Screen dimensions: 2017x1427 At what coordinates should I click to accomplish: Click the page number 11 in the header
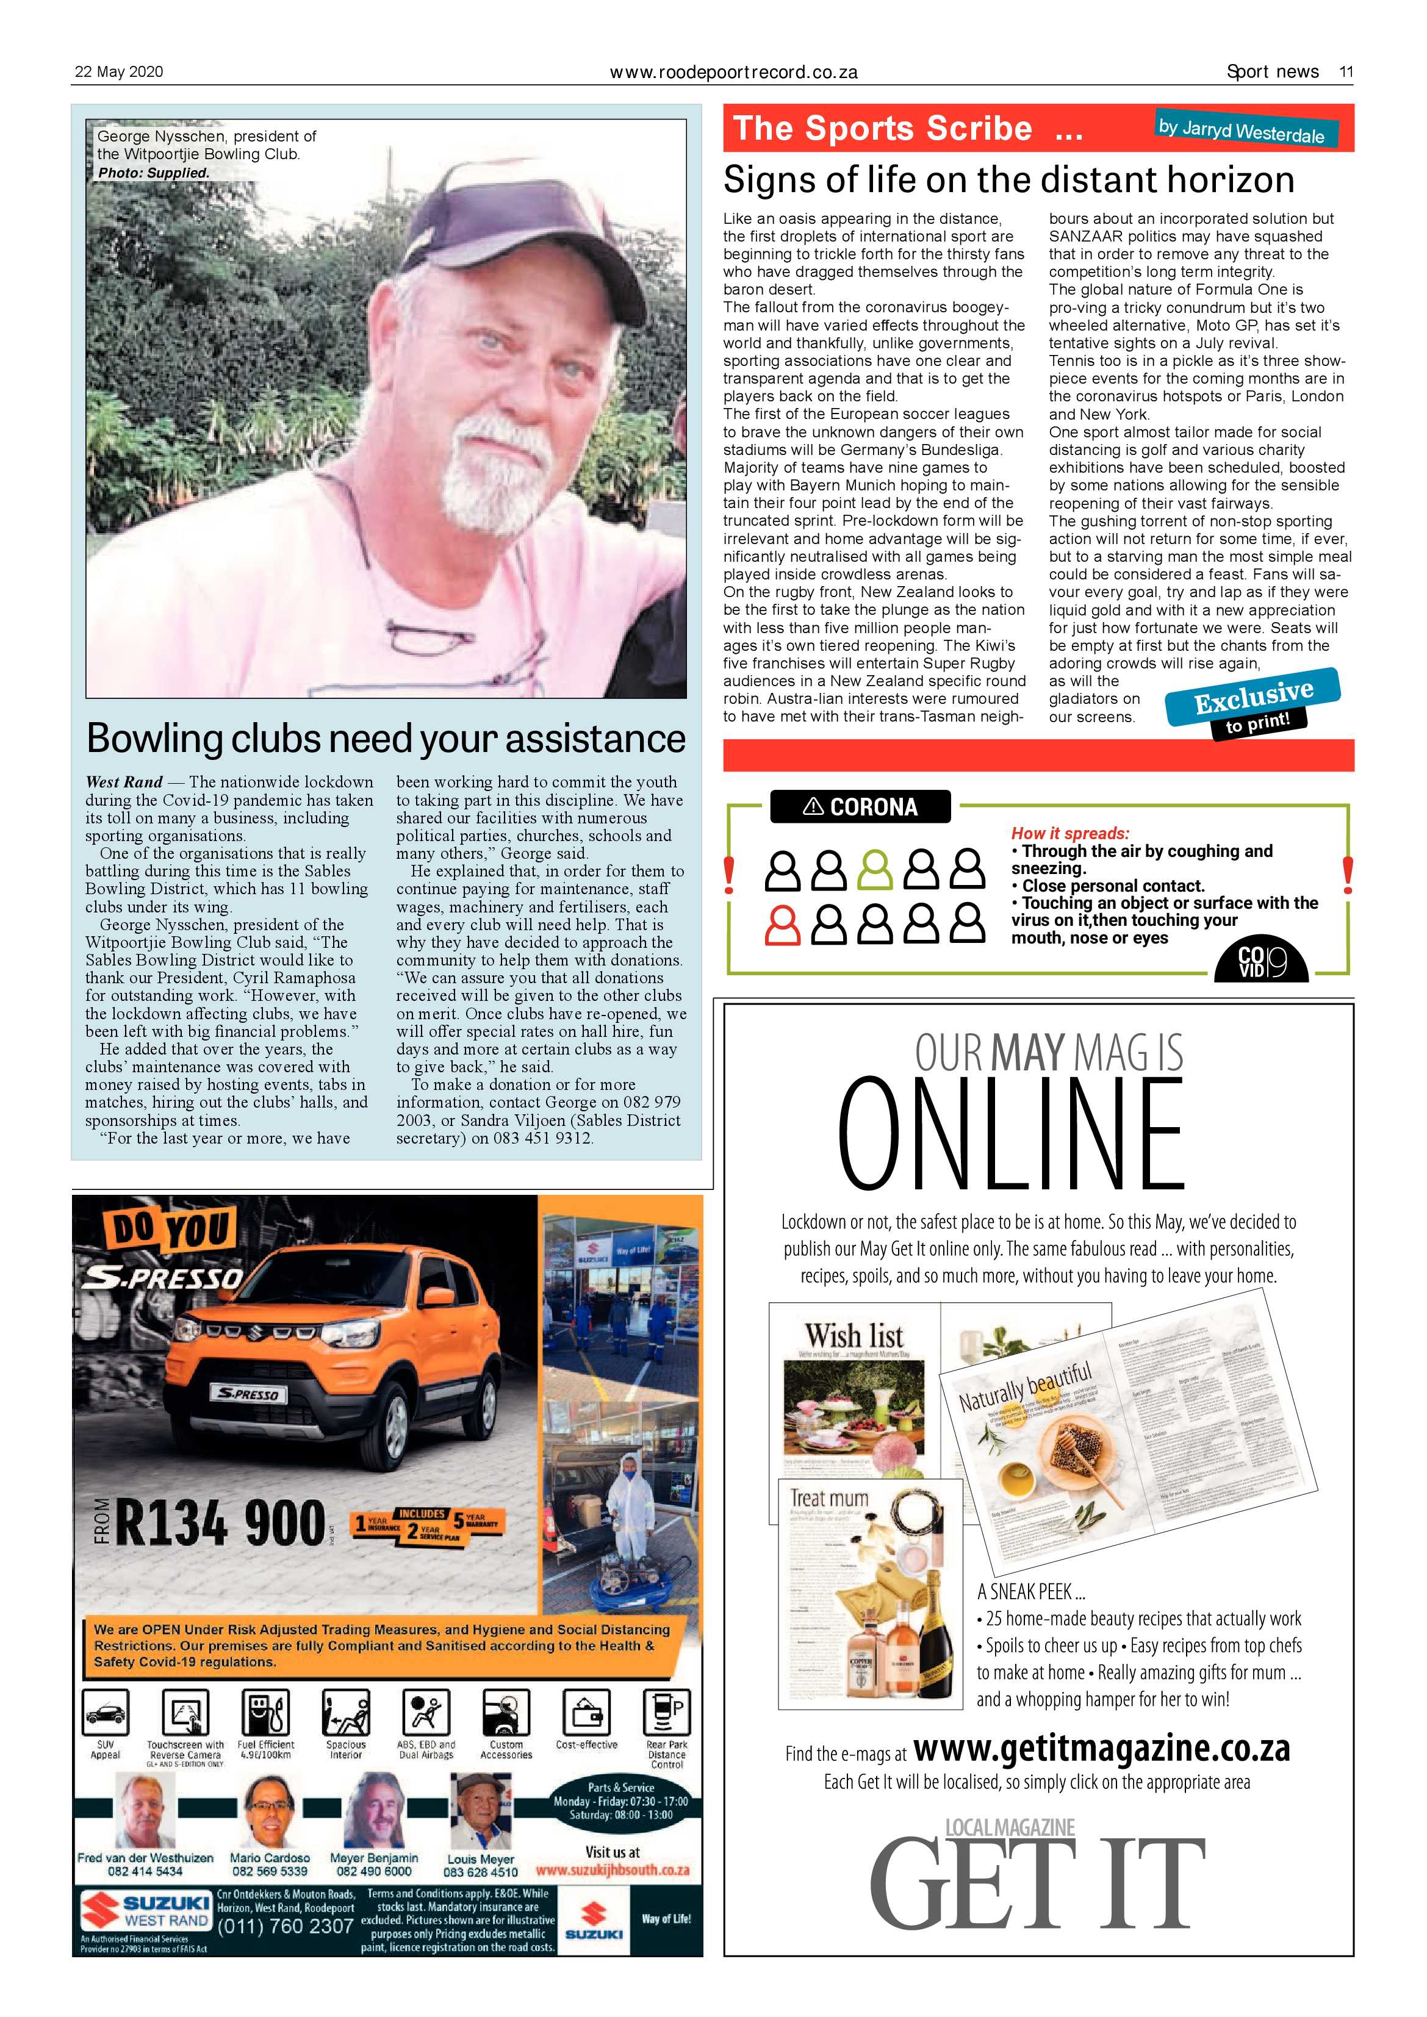[x=1345, y=72]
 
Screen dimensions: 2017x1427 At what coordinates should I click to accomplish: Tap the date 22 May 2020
[x=118, y=72]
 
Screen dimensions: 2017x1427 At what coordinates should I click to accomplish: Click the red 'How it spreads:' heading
[x=1069, y=833]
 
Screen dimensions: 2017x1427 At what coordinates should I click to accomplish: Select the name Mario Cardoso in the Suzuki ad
[x=270, y=1858]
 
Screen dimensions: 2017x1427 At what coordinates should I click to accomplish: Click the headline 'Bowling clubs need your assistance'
[x=385, y=738]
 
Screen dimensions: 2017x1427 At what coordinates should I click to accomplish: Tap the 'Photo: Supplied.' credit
[x=154, y=173]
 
